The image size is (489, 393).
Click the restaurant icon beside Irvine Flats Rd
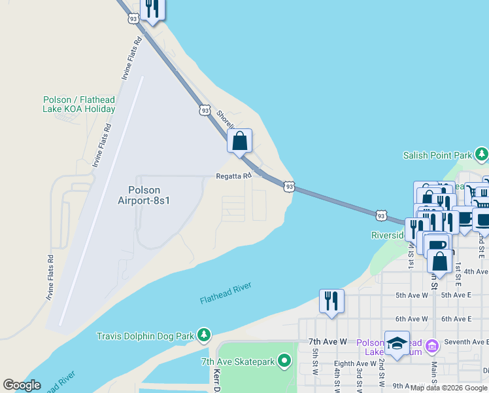tap(152, 9)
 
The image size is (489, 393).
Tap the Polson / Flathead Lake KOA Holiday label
tap(79, 105)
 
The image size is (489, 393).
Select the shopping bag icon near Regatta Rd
tap(240, 141)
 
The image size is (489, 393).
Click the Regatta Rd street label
tap(233, 176)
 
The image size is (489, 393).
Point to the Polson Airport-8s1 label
tap(144, 196)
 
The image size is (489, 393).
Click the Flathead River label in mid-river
tap(226, 293)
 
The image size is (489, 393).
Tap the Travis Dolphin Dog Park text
tap(145, 336)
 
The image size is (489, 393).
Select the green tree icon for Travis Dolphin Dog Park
tap(204, 335)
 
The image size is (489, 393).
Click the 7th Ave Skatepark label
tap(238, 362)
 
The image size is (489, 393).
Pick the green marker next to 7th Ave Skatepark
tap(284, 361)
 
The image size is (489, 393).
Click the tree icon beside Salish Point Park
tap(482, 155)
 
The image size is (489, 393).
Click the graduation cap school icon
tap(397, 344)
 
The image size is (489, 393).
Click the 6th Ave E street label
tap(456, 319)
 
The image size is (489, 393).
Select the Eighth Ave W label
tap(354, 364)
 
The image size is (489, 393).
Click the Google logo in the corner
tap(22, 385)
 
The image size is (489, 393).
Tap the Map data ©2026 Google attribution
tap(448, 388)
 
